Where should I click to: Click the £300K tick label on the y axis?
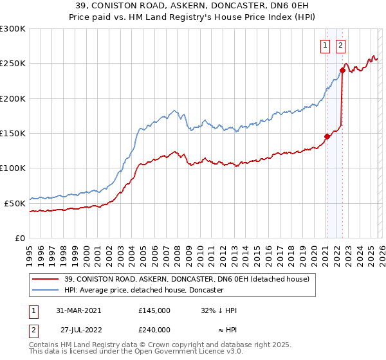12,30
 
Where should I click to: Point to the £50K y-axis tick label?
15,203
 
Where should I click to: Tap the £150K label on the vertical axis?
12,134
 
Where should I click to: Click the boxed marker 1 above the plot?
326,45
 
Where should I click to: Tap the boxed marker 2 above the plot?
340,45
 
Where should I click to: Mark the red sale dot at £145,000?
327,136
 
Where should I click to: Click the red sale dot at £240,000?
342,71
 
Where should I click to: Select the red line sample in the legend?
46,279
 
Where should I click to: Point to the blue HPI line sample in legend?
46,290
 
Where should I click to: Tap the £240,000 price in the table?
154,329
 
